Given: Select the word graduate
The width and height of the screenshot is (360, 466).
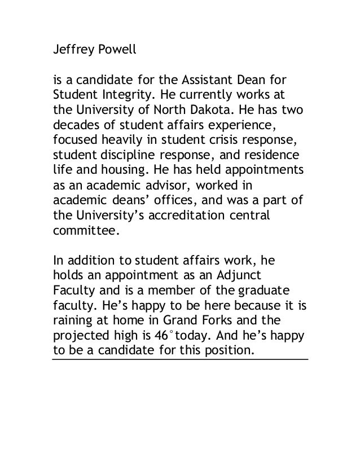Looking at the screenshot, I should tap(264, 289).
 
